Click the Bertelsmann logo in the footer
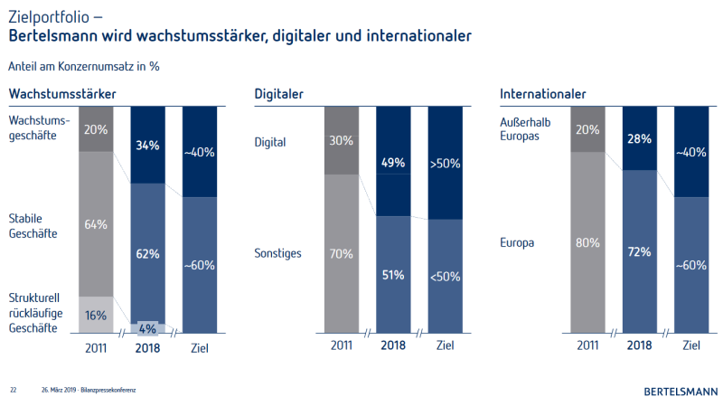click(681, 392)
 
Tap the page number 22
click(14, 391)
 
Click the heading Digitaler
click(278, 94)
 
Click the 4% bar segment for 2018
click(148, 328)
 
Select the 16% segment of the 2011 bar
click(96, 315)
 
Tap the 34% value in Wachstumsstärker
click(148, 145)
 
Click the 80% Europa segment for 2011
click(588, 242)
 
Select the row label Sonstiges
click(277, 253)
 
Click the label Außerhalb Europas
click(525, 128)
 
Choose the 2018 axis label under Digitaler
click(393, 345)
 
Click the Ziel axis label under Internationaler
click(692, 345)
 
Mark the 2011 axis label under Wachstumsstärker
click(96, 345)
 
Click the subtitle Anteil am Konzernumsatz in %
click(85, 65)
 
